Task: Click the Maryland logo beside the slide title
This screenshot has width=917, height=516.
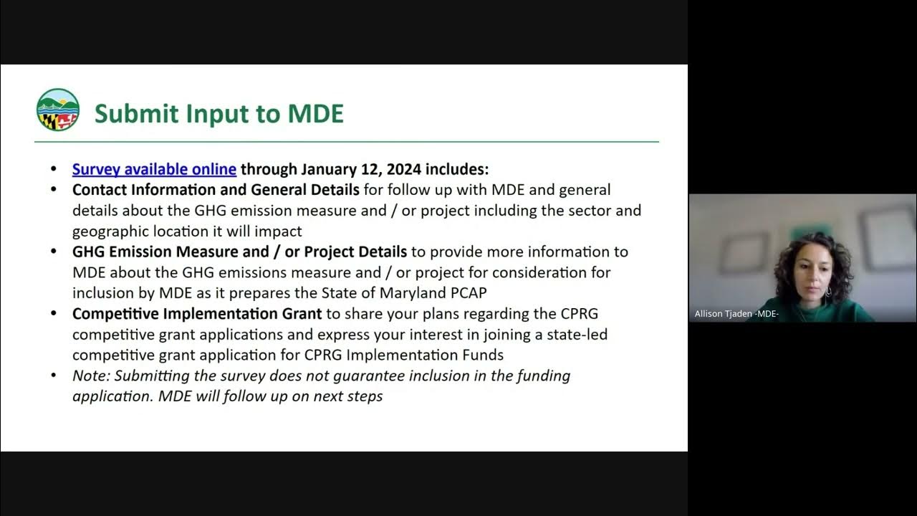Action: (x=58, y=110)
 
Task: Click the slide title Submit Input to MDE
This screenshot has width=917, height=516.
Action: (x=219, y=113)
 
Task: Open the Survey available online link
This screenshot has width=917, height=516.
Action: (x=154, y=169)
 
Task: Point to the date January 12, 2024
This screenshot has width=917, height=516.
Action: (x=363, y=169)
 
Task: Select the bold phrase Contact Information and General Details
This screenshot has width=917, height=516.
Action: (x=216, y=190)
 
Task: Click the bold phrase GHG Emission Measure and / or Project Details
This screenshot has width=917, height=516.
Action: (x=239, y=252)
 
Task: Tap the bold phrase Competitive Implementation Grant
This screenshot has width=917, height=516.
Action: (x=197, y=314)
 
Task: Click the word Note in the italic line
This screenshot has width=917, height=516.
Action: (x=90, y=376)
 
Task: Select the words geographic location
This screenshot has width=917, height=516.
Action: (x=136, y=231)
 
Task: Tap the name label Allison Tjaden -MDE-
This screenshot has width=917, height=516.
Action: (x=736, y=314)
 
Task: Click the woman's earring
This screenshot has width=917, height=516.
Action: (x=829, y=291)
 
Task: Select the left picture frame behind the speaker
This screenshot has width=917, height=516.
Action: (x=743, y=252)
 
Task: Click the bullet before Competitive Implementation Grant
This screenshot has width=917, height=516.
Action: (x=54, y=314)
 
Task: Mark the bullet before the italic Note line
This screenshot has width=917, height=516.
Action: (x=54, y=376)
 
